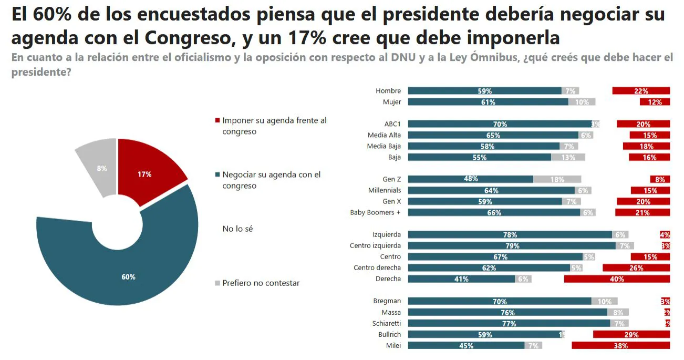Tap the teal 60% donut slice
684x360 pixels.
(x=126, y=273)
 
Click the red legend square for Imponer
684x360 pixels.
(x=217, y=121)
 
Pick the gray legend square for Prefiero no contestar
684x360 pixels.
(x=217, y=283)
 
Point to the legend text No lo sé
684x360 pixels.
(x=237, y=229)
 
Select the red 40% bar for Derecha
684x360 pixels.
(x=617, y=279)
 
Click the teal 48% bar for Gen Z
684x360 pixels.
(x=470, y=179)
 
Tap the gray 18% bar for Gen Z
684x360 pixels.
(x=557, y=179)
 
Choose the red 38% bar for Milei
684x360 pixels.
(x=620, y=346)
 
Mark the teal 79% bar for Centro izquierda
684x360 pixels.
(x=512, y=246)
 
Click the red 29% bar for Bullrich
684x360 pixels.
(x=631, y=335)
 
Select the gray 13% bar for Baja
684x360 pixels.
(x=568, y=157)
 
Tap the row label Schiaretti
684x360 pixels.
(x=386, y=324)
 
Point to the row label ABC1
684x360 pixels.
(x=392, y=124)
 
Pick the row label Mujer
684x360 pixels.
(x=392, y=102)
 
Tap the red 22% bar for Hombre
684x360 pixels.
(x=641, y=91)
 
